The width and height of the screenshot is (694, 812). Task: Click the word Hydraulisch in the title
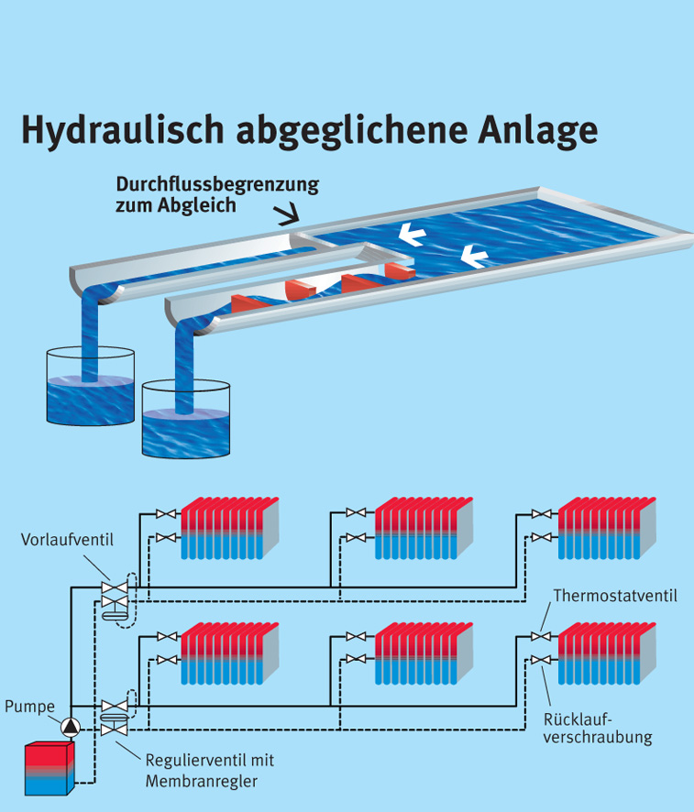pos(123,130)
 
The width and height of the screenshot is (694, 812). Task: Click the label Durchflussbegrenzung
pos(217,184)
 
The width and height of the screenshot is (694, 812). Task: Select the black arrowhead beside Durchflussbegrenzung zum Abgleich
pos(291,215)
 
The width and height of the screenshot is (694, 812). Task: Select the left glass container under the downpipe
pos(89,384)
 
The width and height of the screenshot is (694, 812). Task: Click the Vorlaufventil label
pos(67,539)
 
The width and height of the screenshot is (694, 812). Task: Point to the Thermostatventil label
pos(614,597)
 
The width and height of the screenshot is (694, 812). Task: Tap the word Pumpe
pos(29,706)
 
